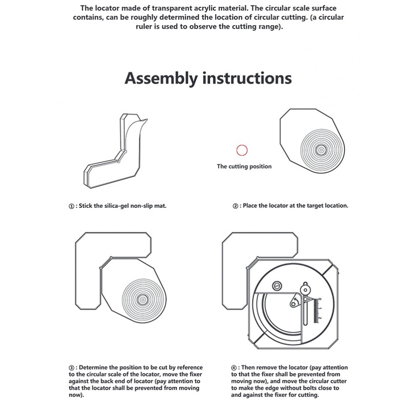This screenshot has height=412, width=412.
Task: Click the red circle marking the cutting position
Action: (242, 150)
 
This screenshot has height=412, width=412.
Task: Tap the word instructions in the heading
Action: (247, 78)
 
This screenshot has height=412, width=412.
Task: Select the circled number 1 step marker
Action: (71, 206)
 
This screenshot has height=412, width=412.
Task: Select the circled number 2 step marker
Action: (235, 206)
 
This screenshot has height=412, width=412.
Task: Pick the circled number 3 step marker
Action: (71, 368)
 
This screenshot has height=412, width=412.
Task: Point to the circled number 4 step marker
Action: (234, 368)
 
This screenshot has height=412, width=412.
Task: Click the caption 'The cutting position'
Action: (244, 166)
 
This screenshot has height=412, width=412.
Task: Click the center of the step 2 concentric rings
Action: (320, 149)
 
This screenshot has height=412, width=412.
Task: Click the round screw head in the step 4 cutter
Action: (276, 286)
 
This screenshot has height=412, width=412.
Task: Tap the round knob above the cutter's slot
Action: (305, 289)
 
